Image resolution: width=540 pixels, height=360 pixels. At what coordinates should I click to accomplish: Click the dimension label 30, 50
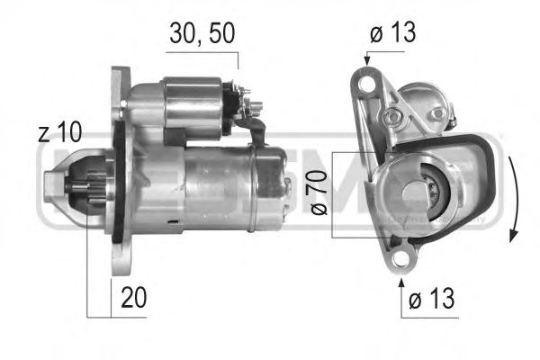point(202,35)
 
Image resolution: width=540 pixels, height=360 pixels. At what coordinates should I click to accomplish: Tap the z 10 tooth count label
point(59,134)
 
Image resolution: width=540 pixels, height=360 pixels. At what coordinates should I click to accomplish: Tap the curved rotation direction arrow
point(512,193)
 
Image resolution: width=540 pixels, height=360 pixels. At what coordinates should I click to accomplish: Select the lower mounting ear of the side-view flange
point(117,261)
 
